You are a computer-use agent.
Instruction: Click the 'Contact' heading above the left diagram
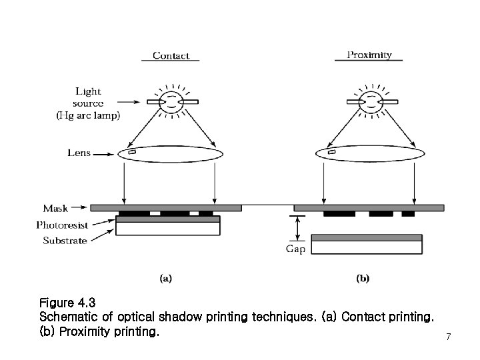click(x=171, y=55)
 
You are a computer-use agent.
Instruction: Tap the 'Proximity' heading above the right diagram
click(x=369, y=55)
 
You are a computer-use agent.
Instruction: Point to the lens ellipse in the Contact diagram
click(x=170, y=153)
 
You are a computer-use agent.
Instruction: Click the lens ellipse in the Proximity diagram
click(x=369, y=153)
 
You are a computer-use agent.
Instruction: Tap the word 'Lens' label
click(x=79, y=153)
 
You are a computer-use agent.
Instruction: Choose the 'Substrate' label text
click(x=64, y=240)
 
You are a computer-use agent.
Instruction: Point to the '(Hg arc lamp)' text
click(x=87, y=115)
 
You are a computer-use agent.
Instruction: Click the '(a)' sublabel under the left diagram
click(x=166, y=278)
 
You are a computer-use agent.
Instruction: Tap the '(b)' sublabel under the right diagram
click(x=363, y=278)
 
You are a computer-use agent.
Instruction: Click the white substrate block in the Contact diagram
click(x=168, y=229)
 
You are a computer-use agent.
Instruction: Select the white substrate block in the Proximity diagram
click(x=367, y=247)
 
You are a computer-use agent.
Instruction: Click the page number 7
click(x=449, y=337)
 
